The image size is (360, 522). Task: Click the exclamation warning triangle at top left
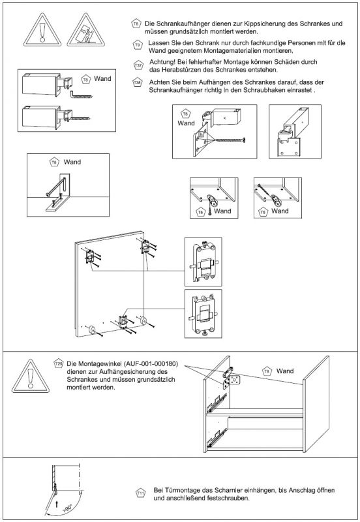[42, 31]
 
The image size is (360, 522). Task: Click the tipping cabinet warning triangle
[86, 31]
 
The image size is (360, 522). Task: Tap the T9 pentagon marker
[138, 44]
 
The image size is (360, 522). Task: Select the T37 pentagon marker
[138, 65]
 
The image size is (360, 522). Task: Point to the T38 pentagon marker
[138, 82]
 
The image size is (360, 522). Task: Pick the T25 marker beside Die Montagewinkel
[58, 363]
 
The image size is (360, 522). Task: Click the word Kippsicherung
[263, 24]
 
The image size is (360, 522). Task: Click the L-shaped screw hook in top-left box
[81, 94]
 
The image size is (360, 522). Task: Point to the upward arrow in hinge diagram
[57, 504]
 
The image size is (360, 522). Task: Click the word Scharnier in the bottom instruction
[228, 491]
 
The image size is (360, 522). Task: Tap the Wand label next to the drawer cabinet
[285, 371]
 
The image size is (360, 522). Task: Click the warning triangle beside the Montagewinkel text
[31, 376]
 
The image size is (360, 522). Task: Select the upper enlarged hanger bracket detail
[203, 262]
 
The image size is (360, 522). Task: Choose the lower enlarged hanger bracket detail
[203, 314]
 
